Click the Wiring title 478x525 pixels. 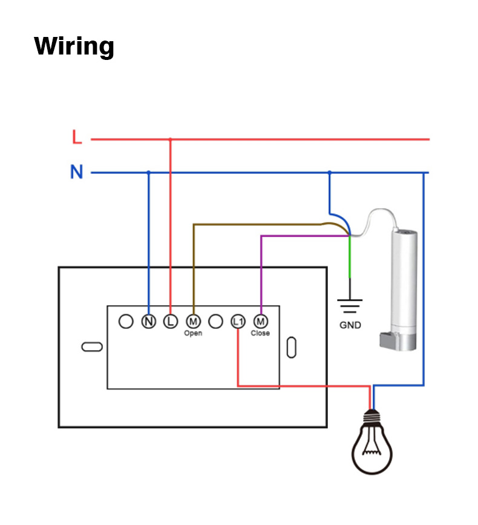point(74,47)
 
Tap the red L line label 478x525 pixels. point(76,137)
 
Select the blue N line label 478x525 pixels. point(76,173)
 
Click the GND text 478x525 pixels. point(350,325)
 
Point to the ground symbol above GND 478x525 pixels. point(350,305)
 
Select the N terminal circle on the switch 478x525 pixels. point(148,322)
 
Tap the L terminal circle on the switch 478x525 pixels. point(171,322)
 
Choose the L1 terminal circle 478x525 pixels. point(238,322)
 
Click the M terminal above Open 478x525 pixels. point(193,322)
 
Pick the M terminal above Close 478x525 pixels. point(260,322)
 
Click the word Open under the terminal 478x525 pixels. point(193,334)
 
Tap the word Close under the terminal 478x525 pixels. point(260,334)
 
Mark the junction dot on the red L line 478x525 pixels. point(170,139)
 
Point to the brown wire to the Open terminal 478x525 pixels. point(194,260)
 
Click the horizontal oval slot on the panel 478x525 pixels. point(91,347)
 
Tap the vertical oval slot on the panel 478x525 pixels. point(291,347)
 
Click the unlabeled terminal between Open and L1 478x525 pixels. point(215,322)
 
